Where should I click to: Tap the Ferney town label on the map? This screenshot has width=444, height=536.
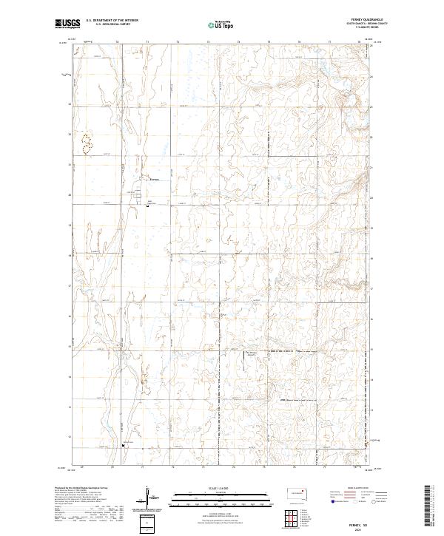point(154,180)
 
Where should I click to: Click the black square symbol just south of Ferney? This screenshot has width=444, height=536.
point(147,206)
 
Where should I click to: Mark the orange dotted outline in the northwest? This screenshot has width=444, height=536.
point(87,143)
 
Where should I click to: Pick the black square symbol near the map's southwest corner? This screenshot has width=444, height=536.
point(124,445)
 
